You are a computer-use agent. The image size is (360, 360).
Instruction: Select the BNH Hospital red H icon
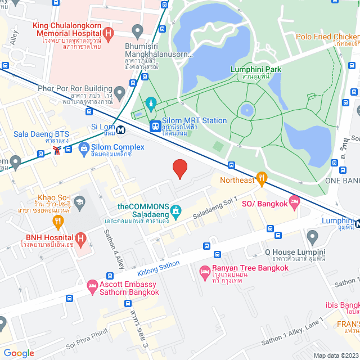tap(81, 238)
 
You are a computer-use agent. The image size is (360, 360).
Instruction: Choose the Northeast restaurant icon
tap(261, 179)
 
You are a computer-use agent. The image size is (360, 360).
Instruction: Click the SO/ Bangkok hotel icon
tap(294, 201)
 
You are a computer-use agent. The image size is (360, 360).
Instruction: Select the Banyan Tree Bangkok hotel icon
tap(205, 273)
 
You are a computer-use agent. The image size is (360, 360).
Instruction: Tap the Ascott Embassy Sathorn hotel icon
tap(92, 287)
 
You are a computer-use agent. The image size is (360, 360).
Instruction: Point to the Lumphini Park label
tap(256, 69)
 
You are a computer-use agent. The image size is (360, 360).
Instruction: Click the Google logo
tap(19, 353)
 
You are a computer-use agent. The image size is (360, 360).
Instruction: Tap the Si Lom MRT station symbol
tap(120, 129)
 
